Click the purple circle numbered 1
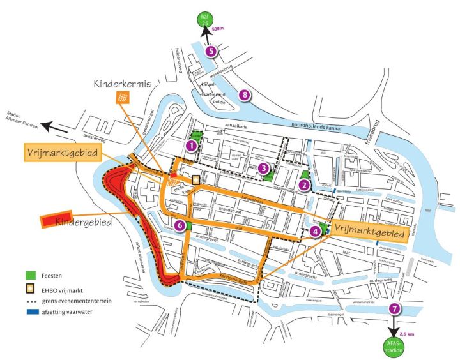click(190, 146)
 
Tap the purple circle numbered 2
click(305, 185)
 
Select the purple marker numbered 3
click(263, 168)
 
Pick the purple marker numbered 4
click(315, 230)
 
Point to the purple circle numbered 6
click(181, 225)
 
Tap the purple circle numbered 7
click(396, 308)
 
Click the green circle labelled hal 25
click(205, 19)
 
